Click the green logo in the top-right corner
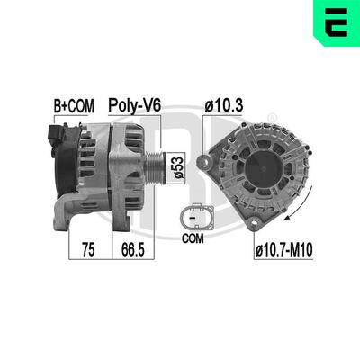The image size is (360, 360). (338, 22)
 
